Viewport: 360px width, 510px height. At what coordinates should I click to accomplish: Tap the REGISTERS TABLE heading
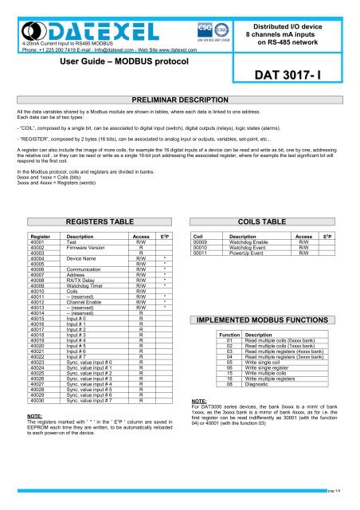pos(92,197)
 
